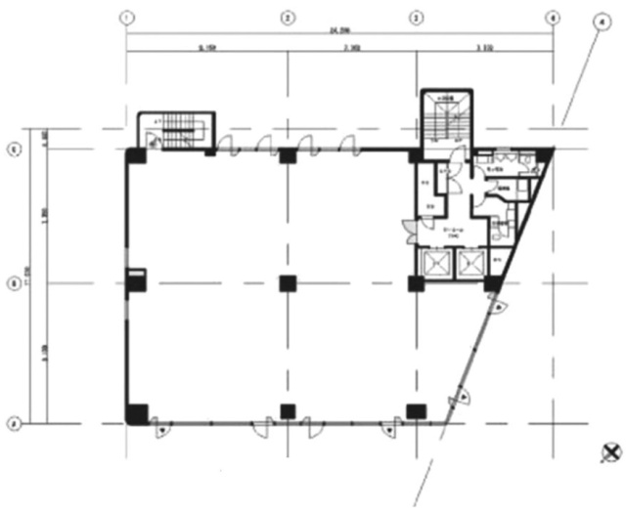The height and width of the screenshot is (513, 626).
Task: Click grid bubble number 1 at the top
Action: coord(125,17)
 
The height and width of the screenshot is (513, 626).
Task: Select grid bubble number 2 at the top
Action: coord(287,17)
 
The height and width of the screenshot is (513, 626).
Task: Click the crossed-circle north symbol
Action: coord(610,451)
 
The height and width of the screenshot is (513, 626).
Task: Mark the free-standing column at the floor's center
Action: coord(287,283)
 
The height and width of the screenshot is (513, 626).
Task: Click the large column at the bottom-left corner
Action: coord(137,413)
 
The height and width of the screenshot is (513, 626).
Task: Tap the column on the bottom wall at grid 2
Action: coord(287,410)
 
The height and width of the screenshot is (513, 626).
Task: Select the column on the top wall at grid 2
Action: coord(287,154)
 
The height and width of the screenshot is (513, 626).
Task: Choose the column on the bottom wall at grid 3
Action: coord(417,410)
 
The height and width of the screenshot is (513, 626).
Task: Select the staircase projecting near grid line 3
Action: coord(445,118)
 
